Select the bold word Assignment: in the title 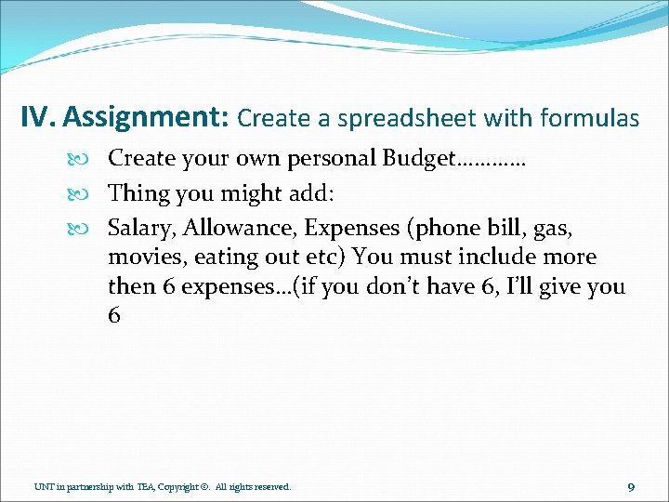(148, 118)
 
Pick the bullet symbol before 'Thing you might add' (92, 194)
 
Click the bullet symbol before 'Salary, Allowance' (92, 229)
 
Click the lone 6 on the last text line (114, 316)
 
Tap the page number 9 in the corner (631, 486)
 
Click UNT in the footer (44, 486)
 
